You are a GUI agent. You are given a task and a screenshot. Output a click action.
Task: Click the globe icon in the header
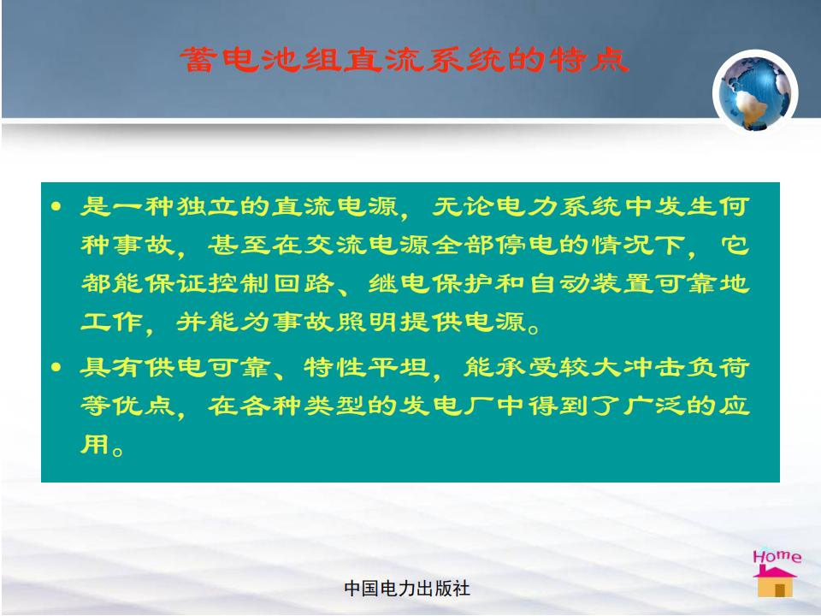755,92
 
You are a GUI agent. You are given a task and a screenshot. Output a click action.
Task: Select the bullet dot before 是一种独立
56,206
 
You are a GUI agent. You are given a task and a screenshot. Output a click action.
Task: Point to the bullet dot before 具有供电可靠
56,367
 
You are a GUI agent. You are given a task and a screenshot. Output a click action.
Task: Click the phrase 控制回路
272,283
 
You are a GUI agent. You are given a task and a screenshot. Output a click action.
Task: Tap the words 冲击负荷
687,367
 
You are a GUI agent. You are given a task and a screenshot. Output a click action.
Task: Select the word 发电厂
446,406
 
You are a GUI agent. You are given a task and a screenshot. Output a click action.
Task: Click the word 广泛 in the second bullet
654,406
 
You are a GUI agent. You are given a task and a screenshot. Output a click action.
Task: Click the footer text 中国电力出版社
407,589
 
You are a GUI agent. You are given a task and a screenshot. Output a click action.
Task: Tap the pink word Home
777,555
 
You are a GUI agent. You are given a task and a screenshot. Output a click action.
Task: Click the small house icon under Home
775,582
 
